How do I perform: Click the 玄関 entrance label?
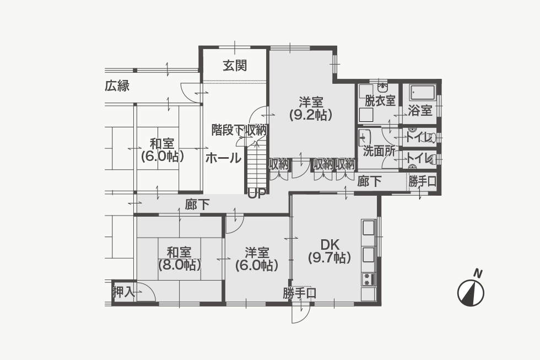pyautogui.click(x=235, y=66)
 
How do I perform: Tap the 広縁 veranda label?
pyautogui.click(x=117, y=86)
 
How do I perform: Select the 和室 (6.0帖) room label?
pyautogui.click(x=162, y=150)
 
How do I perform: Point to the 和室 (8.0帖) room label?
pyautogui.click(x=180, y=259)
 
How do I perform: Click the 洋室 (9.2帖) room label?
pyautogui.click(x=311, y=109)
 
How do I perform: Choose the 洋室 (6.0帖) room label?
pyautogui.click(x=257, y=259)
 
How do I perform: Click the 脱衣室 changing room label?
pyautogui.click(x=380, y=100)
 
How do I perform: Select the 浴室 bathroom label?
pyautogui.click(x=420, y=111)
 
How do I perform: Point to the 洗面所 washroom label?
pyautogui.click(x=379, y=151)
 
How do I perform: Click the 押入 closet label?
pyautogui.click(x=123, y=293)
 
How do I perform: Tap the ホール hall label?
pyautogui.click(x=223, y=158)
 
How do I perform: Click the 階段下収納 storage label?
pyautogui.click(x=239, y=130)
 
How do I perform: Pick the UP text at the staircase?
pyautogui.click(x=257, y=195)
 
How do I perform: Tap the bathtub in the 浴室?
pyautogui.click(x=423, y=94)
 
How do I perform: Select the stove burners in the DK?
pyautogui.click(x=368, y=279)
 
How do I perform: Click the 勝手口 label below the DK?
pyautogui.click(x=300, y=293)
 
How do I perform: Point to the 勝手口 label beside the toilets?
pyautogui.click(x=423, y=181)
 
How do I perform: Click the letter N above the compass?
pyautogui.click(x=477, y=273)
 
